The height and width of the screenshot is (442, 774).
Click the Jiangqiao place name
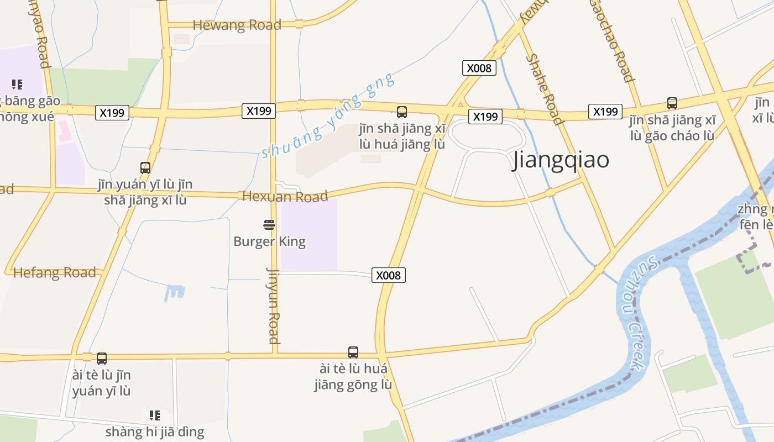click(x=561, y=160)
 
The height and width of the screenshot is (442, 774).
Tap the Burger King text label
click(x=269, y=241)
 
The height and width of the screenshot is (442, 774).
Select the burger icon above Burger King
click(x=269, y=225)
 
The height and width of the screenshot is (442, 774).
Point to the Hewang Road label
click(x=237, y=25)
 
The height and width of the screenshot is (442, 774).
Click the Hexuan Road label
click(x=285, y=196)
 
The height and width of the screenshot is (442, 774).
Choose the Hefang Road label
click(x=54, y=272)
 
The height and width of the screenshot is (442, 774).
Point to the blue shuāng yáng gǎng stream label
click(x=328, y=115)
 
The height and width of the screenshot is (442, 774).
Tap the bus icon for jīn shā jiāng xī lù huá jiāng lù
click(x=402, y=112)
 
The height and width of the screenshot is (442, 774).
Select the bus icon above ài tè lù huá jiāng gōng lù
click(x=353, y=352)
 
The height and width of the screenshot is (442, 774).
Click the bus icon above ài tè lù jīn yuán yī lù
click(x=102, y=359)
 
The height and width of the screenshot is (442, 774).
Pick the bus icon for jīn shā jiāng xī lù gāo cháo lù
click(x=672, y=103)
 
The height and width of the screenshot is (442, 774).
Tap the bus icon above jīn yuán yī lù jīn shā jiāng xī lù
click(x=145, y=168)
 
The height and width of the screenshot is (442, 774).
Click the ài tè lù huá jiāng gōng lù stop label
click(x=353, y=376)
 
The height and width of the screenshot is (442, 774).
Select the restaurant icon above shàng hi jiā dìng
click(x=155, y=415)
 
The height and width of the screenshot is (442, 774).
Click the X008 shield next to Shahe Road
click(x=479, y=68)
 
